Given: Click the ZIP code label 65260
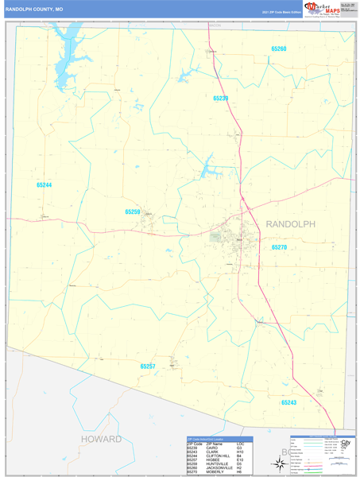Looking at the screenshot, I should coord(278,49).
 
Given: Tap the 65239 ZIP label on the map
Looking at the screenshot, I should coord(221,98).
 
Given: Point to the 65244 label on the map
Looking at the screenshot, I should coord(44,185).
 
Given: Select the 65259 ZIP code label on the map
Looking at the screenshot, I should coord(132,212).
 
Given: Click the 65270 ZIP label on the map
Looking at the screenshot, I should coord(279,247).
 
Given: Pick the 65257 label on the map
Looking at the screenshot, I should coord(148,366).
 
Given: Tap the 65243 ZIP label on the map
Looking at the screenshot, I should coord(288,402).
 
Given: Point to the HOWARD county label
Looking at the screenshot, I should coord(101,439).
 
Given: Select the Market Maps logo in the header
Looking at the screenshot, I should coord(322,10).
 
